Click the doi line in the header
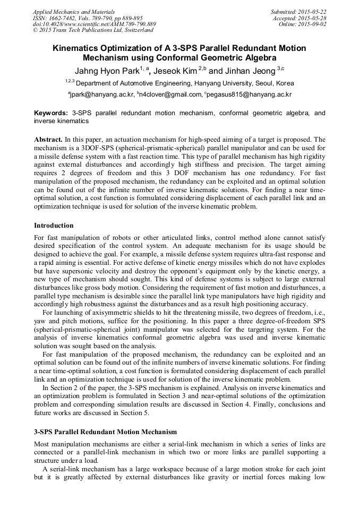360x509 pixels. point(95,24)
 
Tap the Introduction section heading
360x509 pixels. point(54,226)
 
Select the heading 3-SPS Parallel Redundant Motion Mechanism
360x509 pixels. point(105,432)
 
